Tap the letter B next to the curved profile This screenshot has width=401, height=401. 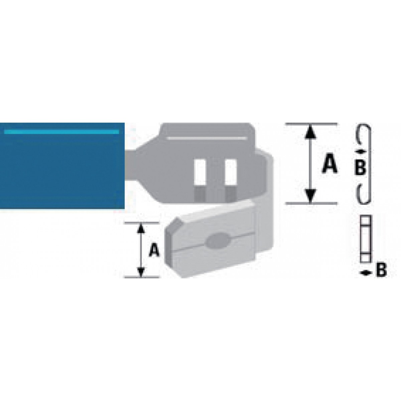(x=360, y=168)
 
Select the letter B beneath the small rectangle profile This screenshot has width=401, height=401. (x=381, y=270)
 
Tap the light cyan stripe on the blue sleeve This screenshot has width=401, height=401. (x=61, y=132)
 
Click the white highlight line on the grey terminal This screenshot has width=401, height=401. (x=207, y=138)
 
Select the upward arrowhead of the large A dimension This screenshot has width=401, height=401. (x=310, y=132)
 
